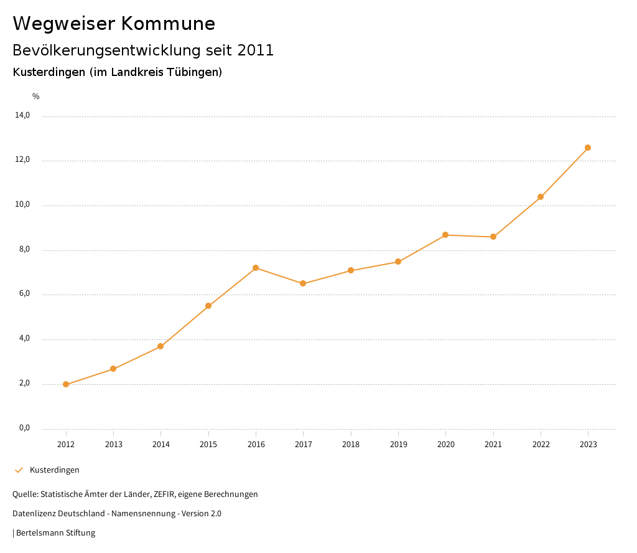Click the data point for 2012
(66, 384)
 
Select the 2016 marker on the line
(256, 268)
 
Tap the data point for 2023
(588, 148)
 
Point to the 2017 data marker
(303, 283)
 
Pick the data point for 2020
(445, 235)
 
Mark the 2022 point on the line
(541, 197)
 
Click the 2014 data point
(160, 346)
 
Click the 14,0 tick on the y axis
(22, 115)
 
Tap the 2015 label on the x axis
(208, 444)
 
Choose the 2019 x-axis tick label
(398, 444)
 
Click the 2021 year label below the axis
(493, 444)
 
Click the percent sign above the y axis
(36, 96)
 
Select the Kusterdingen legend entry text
(55, 470)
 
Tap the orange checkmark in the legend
(19, 470)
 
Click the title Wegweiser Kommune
(114, 24)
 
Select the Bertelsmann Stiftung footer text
(55, 532)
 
